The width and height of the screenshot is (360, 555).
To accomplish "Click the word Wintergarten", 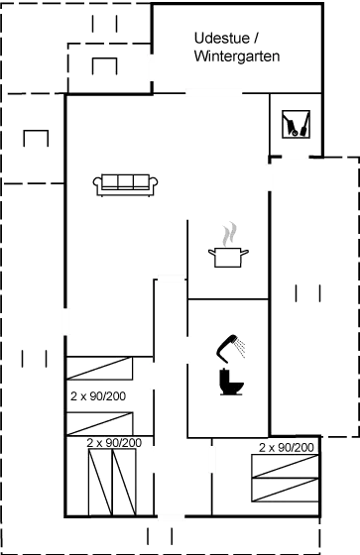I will [x=238, y=57].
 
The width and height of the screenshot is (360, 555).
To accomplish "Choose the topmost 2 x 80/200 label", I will [x=99, y=394].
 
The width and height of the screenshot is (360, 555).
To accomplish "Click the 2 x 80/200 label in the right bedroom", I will [x=287, y=448].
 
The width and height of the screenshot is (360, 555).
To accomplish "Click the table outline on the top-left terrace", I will [x=104, y=66].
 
